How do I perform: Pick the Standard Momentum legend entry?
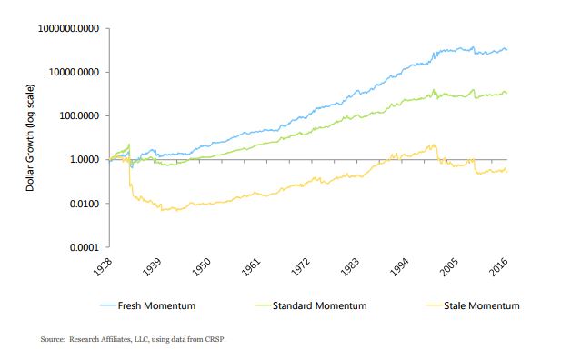321,305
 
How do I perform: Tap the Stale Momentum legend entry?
481,305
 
